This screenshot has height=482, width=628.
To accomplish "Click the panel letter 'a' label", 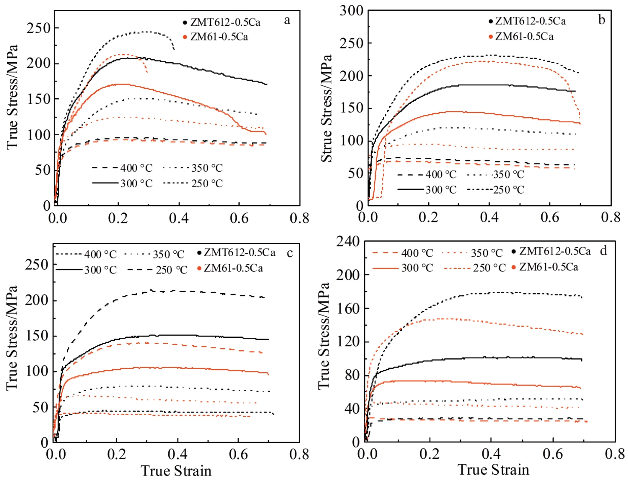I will click(x=287, y=20).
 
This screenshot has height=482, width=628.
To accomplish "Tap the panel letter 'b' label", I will click(x=601, y=20).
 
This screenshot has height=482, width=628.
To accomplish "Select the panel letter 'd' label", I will click(x=604, y=251).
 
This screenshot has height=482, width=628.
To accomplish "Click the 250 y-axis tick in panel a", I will click(x=39, y=28).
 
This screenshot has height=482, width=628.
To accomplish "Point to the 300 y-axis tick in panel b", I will click(x=351, y=11).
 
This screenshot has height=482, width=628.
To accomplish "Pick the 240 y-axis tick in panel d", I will click(x=348, y=242).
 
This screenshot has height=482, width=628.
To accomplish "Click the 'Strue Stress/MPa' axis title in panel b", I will click(x=327, y=108).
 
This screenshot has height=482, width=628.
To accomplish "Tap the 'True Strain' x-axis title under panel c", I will click(x=176, y=471).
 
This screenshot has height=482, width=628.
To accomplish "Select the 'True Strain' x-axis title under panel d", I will click(x=493, y=470).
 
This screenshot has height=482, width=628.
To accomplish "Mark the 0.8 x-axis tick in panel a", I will click(x=299, y=218).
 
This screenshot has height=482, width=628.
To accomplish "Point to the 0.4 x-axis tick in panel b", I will click(x=489, y=217).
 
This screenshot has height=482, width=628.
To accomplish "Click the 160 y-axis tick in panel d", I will click(x=348, y=308).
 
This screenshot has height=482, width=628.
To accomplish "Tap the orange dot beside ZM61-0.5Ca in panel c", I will click(x=199, y=269).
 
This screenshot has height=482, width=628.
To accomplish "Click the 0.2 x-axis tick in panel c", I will click(x=116, y=455).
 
